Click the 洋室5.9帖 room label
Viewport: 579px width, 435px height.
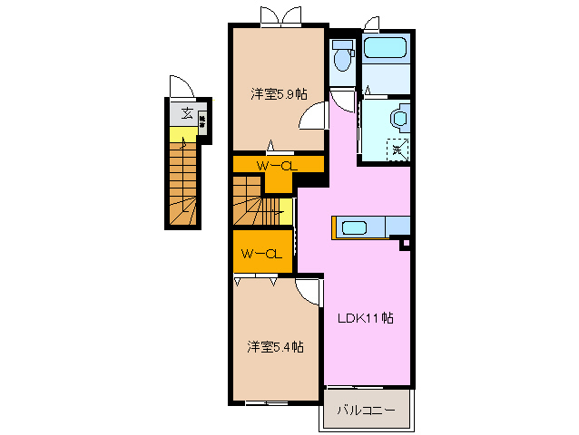click(279, 93)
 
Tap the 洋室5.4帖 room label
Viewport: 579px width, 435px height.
click(276, 346)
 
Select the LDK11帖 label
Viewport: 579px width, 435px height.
click(366, 318)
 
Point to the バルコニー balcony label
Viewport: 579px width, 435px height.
click(367, 411)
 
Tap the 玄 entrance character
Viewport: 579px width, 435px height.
click(185, 113)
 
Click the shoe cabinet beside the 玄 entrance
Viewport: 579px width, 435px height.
click(203, 119)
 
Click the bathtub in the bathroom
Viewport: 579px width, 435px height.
click(387, 49)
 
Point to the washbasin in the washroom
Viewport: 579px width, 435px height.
click(397, 119)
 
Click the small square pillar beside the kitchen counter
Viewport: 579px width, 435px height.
click(406, 243)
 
